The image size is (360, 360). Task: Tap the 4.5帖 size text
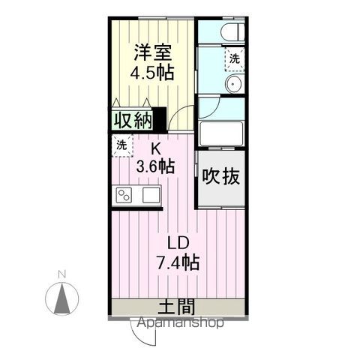(153, 73)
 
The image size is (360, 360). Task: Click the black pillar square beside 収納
(159, 118)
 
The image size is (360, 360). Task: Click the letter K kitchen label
(156, 148)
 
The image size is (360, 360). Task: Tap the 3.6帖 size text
(155, 166)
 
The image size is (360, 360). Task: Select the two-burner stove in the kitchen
(124, 196)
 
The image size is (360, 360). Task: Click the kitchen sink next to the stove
(150, 196)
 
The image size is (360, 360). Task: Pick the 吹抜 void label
(221, 177)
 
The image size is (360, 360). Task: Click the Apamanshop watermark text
(181, 324)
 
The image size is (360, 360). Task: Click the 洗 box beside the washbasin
(235, 58)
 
